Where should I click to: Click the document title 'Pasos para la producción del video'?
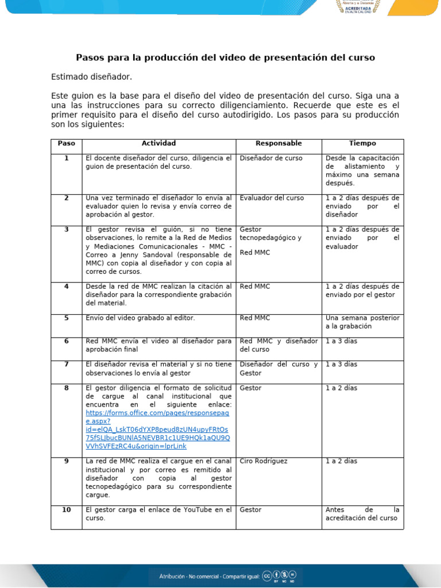(x=225, y=57)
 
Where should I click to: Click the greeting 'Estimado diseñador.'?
(x=91, y=76)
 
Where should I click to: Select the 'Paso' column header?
(x=66, y=144)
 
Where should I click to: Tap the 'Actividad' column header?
(x=158, y=144)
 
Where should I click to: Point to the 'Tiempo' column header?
(x=362, y=144)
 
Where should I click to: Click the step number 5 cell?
(x=66, y=318)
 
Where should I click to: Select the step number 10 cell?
(x=66, y=509)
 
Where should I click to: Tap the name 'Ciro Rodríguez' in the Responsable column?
(x=264, y=461)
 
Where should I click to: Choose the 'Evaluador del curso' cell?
(x=272, y=198)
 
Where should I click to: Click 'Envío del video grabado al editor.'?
(x=140, y=318)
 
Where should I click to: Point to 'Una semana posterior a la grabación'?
(x=362, y=322)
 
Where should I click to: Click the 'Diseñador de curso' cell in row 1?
(x=270, y=158)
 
